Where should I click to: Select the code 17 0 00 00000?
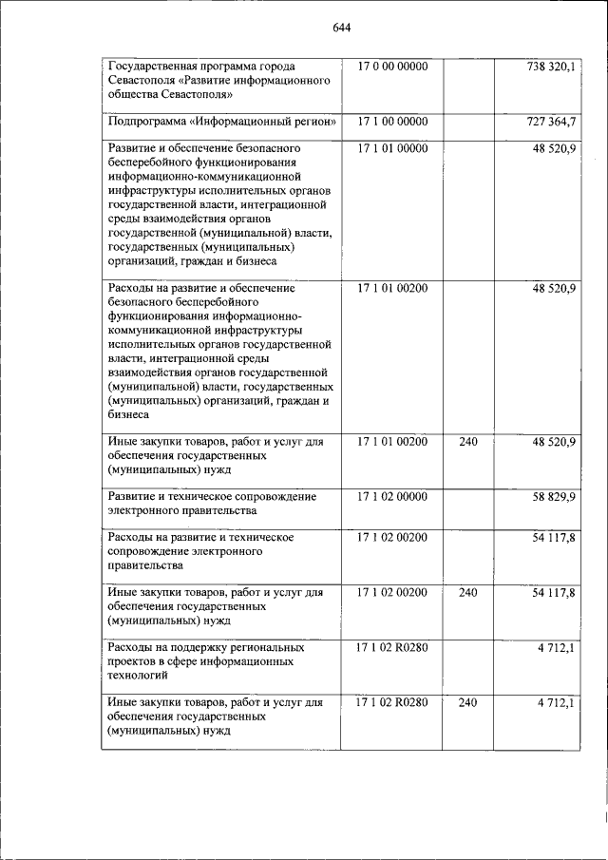[392, 67]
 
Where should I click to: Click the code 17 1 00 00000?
[392, 122]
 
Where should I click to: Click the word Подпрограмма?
[146, 122]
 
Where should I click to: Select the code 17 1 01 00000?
[392, 149]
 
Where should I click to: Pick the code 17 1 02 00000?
[392, 496]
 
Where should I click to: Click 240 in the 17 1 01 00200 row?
[467, 441]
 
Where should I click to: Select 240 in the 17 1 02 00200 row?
[467, 592]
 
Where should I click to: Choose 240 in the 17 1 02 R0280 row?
[467, 702]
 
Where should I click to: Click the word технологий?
[139, 676]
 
